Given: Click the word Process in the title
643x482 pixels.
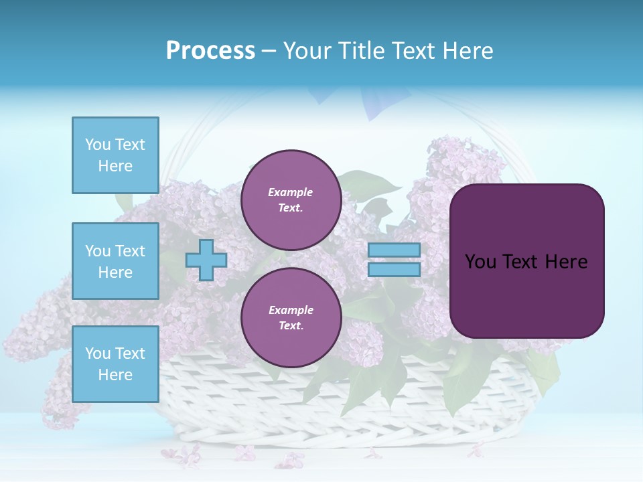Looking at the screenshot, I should pyautogui.click(x=210, y=51).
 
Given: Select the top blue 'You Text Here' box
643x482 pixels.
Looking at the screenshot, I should pyautogui.click(x=115, y=155).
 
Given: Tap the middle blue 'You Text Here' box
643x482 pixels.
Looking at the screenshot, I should pyautogui.click(x=115, y=261).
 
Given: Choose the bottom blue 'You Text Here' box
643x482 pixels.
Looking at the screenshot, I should pyautogui.click(x=115, y=364).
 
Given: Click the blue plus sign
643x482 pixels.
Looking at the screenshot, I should pyautogui.click(x=206, y=260).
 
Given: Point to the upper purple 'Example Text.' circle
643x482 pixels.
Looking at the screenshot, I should pyautogui.click(x=291, y=200).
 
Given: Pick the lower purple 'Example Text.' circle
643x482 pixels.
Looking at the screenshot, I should pyautogui.click(x=291, y=318).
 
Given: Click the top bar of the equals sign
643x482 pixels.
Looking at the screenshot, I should pyautogui.click(x=394, y=250).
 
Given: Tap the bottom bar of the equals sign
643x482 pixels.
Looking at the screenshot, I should pyautogui.click(x=394, y=270).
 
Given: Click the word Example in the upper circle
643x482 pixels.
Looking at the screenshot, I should pyautogui.click(x=291, y=192).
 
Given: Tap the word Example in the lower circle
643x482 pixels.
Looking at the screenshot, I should pyautogui.click(x=291, y=310).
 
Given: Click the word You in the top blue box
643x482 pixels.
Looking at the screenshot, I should pyautogui.click(x=98, y=145).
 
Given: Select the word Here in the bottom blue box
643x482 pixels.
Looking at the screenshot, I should pyautogui.click(x=115, y=375).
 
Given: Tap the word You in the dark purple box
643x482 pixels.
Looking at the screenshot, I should pyautogui.click(x=480, y=262).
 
